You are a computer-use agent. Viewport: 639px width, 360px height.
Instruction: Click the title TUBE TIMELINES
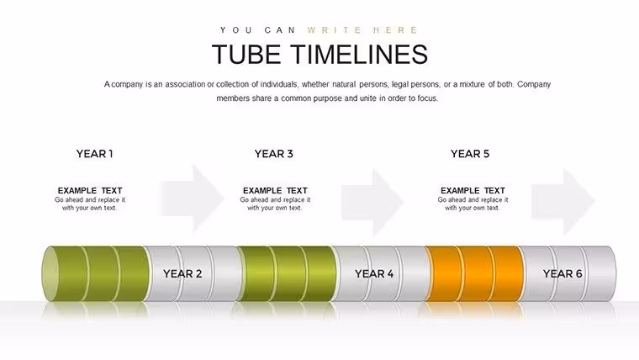tap(319, 54)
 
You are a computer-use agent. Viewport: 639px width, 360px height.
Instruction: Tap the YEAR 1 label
tap(94, 154)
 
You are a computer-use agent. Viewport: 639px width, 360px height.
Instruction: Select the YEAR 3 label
tap(274, 154)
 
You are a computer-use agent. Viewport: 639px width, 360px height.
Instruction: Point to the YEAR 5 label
tap(470, 154)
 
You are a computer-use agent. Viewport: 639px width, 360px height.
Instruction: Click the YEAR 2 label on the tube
tap(182, 273)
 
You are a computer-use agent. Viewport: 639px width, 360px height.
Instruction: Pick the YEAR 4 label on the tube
tap(374, 273)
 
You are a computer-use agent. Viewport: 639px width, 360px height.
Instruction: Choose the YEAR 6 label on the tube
tap(562, 273)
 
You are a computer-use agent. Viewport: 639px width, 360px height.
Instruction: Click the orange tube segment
tap(474, 273)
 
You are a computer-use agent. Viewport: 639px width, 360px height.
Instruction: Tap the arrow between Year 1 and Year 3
tap(193, 199)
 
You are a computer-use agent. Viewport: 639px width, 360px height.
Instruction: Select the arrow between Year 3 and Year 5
tap(372, 202)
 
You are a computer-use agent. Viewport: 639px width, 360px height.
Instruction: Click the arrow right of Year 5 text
tap(563, 201)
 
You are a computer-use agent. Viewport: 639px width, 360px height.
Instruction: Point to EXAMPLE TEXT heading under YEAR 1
tap(90, 190)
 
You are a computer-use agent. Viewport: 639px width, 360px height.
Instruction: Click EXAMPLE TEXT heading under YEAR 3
tap(275, 190)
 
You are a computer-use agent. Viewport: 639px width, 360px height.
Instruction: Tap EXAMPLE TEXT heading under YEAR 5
tap(473, 190)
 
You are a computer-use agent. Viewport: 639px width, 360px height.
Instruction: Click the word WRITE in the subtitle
tap(334, 30)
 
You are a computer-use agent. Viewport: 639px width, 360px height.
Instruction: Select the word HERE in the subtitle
tap(395, 30)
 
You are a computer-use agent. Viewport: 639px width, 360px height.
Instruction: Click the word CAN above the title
tap(280, 30)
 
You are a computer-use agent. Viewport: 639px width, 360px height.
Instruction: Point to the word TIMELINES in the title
tap(360, 54)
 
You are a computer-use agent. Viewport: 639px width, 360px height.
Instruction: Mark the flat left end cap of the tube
tap(50, 273)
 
